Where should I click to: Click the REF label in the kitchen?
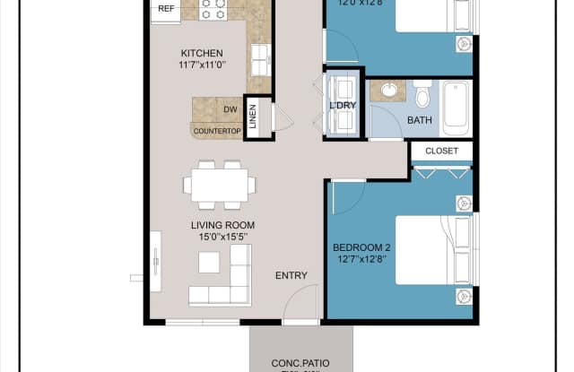coord(166,8)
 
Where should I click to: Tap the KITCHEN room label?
coord(202,53)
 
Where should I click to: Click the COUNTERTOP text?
coord(217,131)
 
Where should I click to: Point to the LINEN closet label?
coord(253,117)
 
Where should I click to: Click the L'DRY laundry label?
coord(343,106)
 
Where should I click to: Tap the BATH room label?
coord(420,118)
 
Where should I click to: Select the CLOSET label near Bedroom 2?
coord(441,151)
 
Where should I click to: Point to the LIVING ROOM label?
coord(222,225)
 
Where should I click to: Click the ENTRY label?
coord(291,275)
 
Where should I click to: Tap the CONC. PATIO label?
coord(300,363)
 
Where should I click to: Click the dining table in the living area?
coord(220,186)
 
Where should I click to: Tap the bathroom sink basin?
coord(391,91)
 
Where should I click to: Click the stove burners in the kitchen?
coord(213,9)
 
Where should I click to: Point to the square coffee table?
coord(209,262)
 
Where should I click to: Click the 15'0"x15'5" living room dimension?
coord(222,238)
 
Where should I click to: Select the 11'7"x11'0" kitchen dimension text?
coord(202,65)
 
